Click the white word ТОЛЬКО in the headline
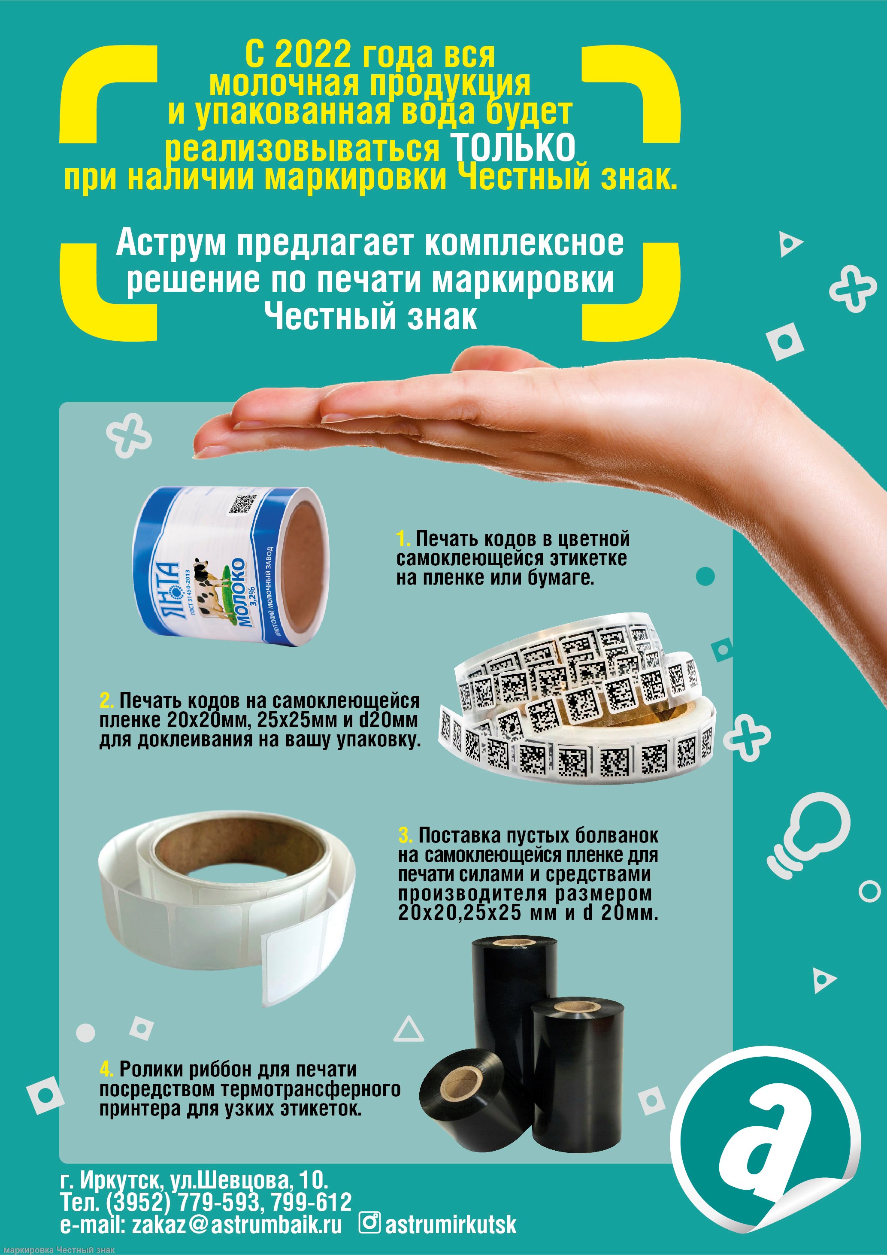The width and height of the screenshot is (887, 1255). click(x=513, y=147)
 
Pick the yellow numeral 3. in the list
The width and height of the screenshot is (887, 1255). click(x=406, y=851)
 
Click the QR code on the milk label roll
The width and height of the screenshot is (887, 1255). click(x=242, y=503)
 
